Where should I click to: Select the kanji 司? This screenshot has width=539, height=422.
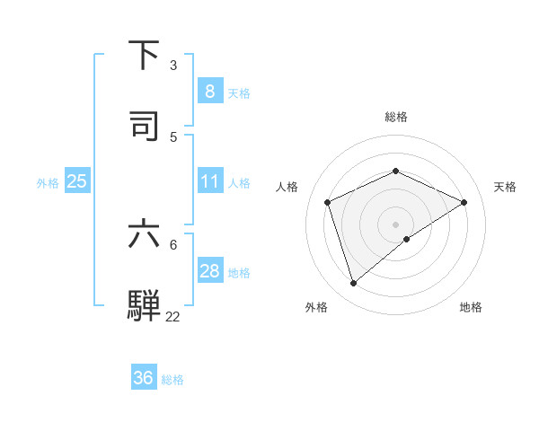144,125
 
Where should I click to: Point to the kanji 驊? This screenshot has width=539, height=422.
144,304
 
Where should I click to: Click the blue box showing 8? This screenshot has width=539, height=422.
209,92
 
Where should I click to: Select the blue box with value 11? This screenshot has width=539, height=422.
209,181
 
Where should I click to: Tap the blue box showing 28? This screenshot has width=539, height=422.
209,271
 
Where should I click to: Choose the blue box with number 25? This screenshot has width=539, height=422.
77,181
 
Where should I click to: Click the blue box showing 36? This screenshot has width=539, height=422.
144,378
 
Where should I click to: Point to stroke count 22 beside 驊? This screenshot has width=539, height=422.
172,316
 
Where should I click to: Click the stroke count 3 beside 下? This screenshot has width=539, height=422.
173,65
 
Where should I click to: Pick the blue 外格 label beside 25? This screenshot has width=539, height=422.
48,182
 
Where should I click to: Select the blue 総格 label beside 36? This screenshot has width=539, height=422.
172,380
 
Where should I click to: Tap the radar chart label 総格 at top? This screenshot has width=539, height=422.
395,117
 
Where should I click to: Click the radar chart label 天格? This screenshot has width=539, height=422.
505,187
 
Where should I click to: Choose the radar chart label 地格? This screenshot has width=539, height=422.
471,307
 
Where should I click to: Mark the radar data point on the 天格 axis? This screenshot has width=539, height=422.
464,202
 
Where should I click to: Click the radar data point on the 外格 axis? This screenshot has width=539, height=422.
353,284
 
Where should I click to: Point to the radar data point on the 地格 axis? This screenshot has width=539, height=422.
407,239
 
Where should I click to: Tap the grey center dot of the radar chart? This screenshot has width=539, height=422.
395,224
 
